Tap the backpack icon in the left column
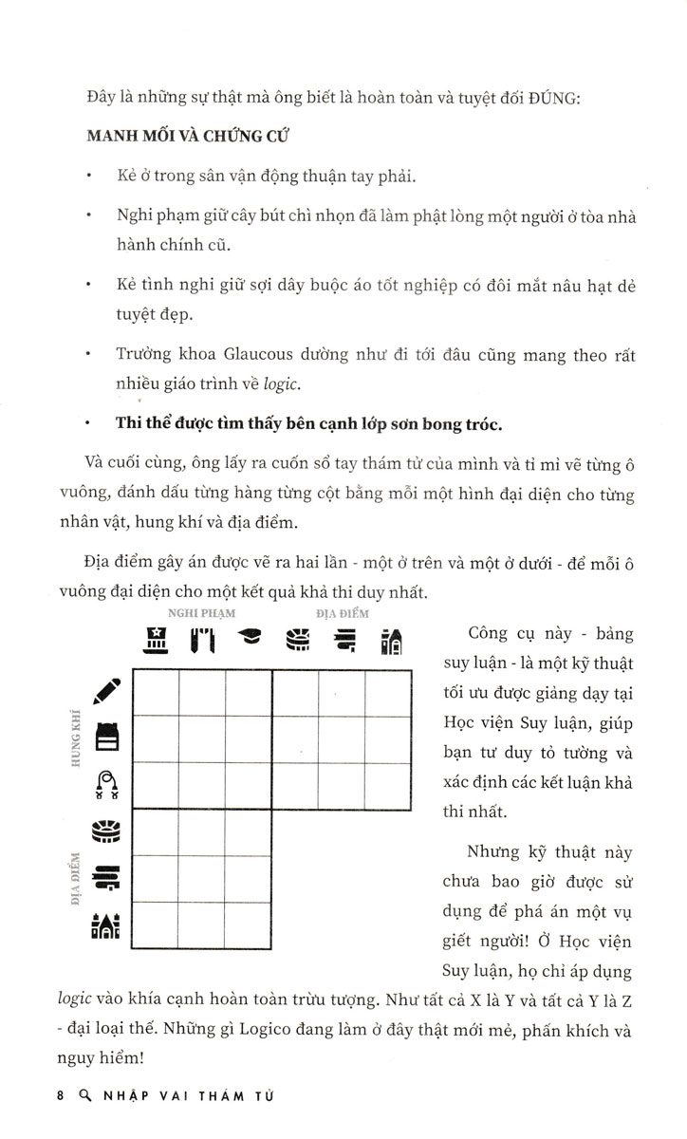pos(106,738)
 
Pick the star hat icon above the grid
pos(156,641)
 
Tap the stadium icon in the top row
pos(296,641)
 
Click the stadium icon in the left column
pos(105,832)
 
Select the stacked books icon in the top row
pos(343,641)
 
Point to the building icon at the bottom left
pos(105,924)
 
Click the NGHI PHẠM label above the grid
pos(201,612)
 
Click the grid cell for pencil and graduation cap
pos(249,692)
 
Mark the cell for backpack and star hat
pos(156,739)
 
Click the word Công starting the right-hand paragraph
pos(492,634)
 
